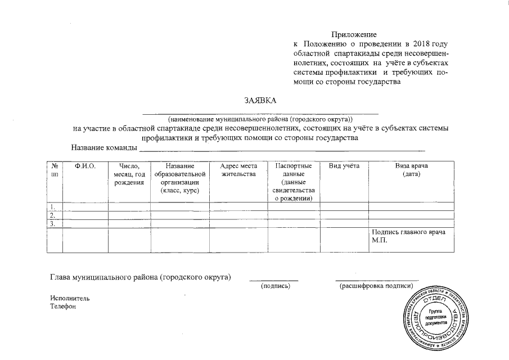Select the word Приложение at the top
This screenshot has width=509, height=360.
point(354,35)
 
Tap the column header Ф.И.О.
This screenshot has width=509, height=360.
point(85,166)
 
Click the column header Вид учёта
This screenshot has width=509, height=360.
point(344,166)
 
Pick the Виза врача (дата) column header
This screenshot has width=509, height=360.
point(412,170)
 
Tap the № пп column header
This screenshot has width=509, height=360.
point(55,170)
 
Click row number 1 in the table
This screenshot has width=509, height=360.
point(53,206)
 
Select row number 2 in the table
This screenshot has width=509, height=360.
point(53,215)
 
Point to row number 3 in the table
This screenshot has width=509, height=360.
point(53,223)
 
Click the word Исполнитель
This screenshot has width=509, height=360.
point(69,298)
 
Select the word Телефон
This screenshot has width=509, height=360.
point(62,307)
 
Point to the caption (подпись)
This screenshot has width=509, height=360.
point(274,287)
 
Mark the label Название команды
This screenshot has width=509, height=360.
point(104,147)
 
